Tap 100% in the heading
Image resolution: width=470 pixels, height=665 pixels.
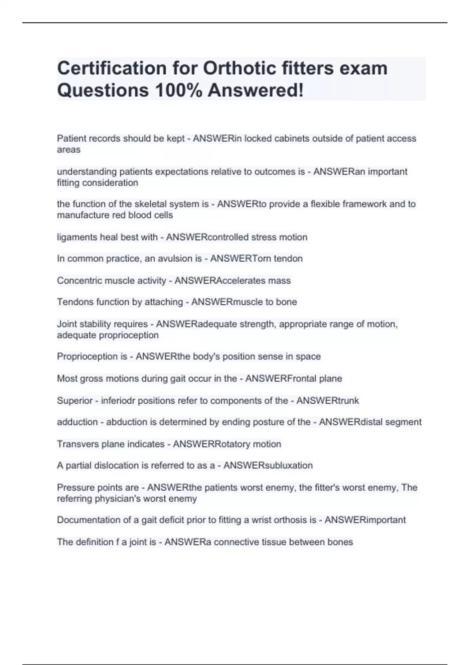pyautogui.click(x=178, y=90)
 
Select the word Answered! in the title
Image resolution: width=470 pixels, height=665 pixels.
pyautogui.click(x=256, y=90)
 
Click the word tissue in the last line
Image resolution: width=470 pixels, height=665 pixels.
pyautogui.click(x=282, y=542)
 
